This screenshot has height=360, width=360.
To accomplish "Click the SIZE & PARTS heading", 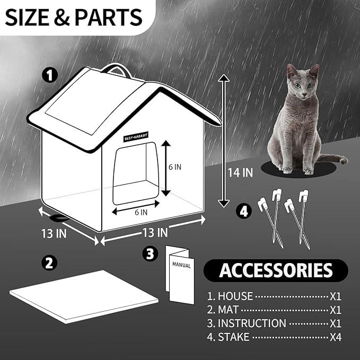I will tap(74, 17).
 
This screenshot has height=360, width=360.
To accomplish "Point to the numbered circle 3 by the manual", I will tap(150, 254).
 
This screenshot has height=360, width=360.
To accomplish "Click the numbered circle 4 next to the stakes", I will tap(243, 210).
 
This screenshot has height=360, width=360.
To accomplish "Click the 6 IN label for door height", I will tap(175, 166).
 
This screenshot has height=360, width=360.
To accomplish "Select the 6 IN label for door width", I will tap(141, 213).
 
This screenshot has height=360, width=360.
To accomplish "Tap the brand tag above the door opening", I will tap(136, 135).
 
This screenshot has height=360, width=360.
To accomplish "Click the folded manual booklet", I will tap(180, 273).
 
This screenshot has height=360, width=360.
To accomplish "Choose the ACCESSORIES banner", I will tap(276, 270).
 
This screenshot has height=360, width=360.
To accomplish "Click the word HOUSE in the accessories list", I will tap(235, 296).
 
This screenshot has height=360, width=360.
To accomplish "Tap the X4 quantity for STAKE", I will tap(335, 337).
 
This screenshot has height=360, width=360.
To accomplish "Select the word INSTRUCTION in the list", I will tap(252, 323).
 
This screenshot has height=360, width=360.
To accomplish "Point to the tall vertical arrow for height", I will tap(224, 141).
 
